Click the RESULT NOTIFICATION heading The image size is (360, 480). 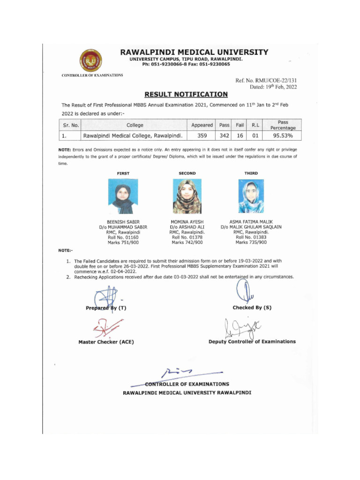pos(186,94)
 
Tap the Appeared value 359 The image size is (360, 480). pos(202,136)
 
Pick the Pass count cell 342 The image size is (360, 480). pos(225,136)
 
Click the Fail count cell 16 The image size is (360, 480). pos(240,136)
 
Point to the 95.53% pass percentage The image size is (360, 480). pos(283,136)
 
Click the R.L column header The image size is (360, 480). pos(255,125)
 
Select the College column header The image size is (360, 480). pos(135,125)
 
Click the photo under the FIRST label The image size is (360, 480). pos(123,196)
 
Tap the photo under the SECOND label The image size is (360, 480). pos(187,196)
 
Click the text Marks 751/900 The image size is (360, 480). pos(123,242)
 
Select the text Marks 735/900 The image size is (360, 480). pos(251,242)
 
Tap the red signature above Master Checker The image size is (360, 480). pos(107,328)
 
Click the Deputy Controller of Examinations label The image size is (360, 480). pos(252,341)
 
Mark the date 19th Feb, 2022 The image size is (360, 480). pos(273,87)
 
